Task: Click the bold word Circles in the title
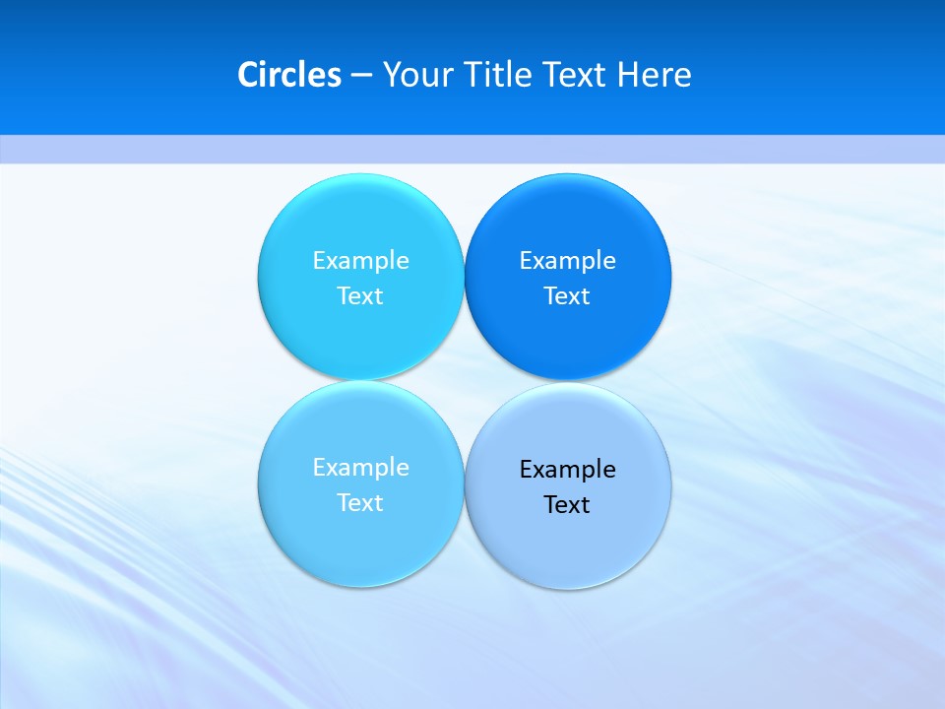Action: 289,75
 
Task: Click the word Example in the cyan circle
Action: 360,260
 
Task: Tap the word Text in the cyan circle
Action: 360,295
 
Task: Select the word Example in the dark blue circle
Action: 567,260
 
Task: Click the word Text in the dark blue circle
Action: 567,295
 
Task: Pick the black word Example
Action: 567,469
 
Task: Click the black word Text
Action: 567,504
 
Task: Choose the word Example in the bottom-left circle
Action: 360,467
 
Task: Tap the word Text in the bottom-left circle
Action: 360,502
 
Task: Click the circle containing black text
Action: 567,542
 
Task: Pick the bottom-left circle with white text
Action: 360,542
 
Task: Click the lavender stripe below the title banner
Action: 472,149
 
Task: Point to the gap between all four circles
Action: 464,381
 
